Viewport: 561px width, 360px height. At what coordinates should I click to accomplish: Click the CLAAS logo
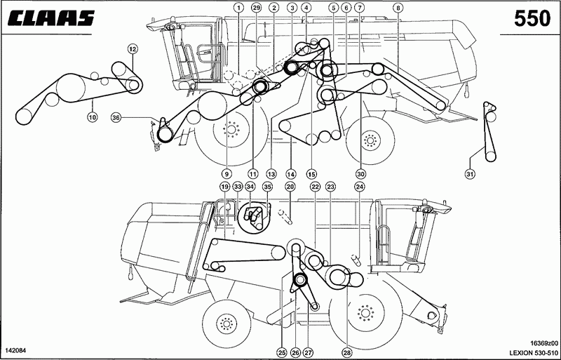[x=51, y=18]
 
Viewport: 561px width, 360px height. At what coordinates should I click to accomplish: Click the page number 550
[x=532, y=18]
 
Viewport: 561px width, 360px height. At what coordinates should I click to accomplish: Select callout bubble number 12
[x=132, y=48]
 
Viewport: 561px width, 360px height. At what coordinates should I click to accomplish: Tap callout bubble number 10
[x=93, y=116]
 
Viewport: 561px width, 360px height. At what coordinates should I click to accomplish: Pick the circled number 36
[x=115, y=116]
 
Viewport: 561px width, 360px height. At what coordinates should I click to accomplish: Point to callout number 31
[x=470, y=174]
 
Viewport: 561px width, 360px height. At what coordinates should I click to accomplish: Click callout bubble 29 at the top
[x=255, y=7]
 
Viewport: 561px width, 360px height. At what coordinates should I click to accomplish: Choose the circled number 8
[x=397, y=7]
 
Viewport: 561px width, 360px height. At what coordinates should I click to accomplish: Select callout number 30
[x=360, y=174]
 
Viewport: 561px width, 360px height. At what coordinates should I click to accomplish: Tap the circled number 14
[x=290, y=174]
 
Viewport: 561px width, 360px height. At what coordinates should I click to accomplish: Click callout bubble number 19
[x=224, y=187]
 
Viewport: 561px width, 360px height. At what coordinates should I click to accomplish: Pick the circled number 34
[x=250, y=187]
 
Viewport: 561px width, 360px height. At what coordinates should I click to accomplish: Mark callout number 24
[x=360, y=187]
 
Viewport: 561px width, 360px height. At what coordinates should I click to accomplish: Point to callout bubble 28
[x=346, y=353]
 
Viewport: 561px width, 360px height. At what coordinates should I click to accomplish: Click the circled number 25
[x=283, y=353]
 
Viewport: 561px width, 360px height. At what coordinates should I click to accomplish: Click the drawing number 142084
[x=15, y=350]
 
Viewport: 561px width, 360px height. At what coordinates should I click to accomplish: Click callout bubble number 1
[x=238, y=7]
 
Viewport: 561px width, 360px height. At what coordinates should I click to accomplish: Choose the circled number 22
[x=315, y=187]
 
